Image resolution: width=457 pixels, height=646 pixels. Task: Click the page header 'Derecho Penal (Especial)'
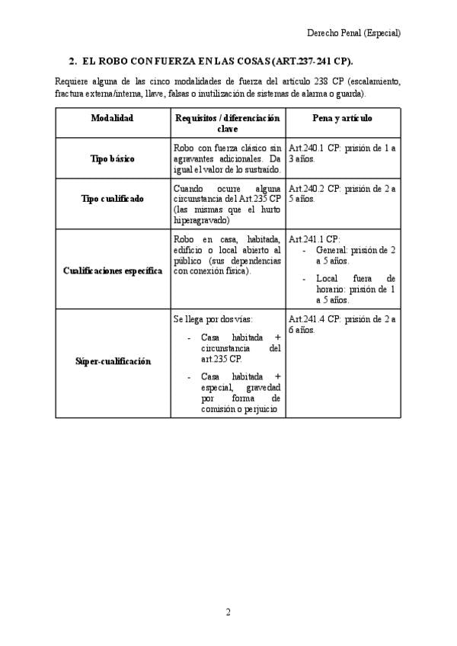tap(353, 33)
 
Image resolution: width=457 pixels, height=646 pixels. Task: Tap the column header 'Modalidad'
tap(112, 118)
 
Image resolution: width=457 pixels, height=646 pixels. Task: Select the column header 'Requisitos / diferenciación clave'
tap(227, 123)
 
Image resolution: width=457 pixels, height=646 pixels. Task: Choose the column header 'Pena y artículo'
tap(342, 118)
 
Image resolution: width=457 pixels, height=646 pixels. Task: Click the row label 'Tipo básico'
tap(112, 158)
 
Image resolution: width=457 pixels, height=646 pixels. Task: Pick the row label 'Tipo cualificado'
tap(112, 199)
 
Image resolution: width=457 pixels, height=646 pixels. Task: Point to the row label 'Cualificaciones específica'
tap(112, 270)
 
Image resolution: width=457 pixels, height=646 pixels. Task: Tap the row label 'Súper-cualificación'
tap(112, 361)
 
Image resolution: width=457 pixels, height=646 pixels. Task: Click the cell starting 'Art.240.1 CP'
tap(342, 154)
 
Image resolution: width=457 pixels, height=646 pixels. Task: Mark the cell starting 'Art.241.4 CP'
tap(342, 325)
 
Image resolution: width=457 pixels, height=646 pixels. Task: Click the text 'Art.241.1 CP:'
tap(315, 238)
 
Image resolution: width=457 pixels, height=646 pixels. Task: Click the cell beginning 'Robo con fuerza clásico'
tap(227, 158)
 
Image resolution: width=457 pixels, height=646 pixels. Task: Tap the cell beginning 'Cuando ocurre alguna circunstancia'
tap(227, 203)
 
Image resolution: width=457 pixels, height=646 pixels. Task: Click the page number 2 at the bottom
tap(227, 612)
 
